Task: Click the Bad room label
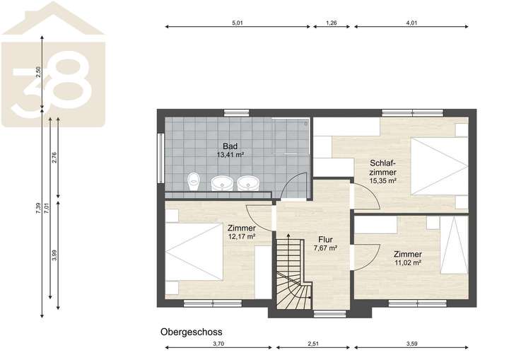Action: tap(230, 146)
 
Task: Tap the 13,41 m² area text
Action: tap(230, 154)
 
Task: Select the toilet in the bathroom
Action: tap(193, 182)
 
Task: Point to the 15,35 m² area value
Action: tap(382, 180)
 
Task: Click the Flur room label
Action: tap(325, 239)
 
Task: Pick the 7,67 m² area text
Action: tap(325, 248)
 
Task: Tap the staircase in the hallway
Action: tap(291, 276)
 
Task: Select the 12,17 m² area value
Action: tap(242, 237)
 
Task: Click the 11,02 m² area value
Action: tap(408, 263)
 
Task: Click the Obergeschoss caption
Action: tap(192, 331)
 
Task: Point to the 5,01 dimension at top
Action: tap(238, 23)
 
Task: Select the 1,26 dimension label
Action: tap(332, 23)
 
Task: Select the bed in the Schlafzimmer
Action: tap(438, 165)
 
